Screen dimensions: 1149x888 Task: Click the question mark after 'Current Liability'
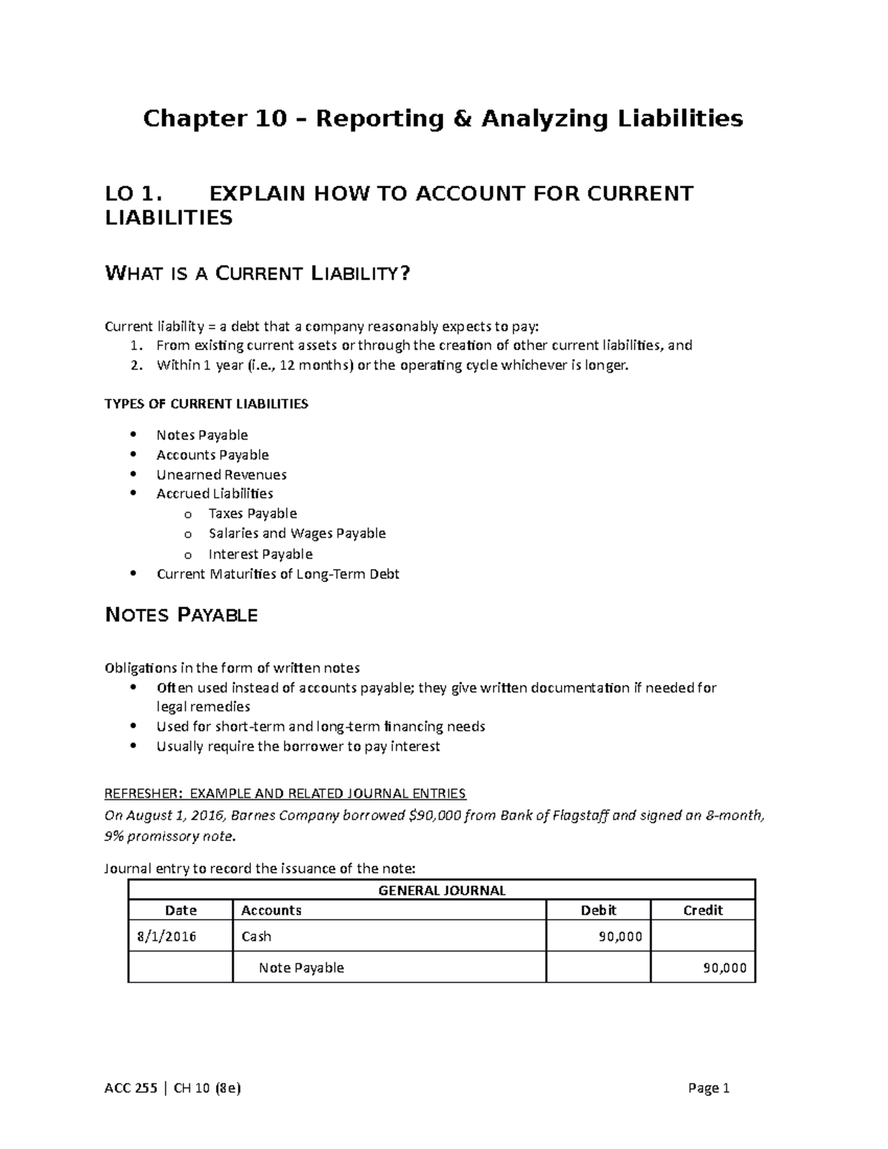click(x=403, y=274)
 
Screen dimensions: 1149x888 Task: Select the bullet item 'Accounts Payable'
click(x=212, y=455)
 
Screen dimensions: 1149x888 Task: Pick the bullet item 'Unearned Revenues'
click(x=221, y=475)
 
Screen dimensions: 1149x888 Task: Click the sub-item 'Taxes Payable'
click(x=252, y=513)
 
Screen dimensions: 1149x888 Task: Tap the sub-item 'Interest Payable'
click(x=260, y=554)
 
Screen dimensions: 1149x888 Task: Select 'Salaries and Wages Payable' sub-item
click(x=297, y=533)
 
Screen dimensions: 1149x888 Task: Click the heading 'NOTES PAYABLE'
click(x=182, y=615)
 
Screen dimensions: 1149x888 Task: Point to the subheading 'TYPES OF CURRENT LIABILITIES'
click(x=206, y=404)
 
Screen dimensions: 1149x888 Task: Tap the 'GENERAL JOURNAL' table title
click(x=442, y=891)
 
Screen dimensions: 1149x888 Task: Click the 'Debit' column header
click(x=598, y=910)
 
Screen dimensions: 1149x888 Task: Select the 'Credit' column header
click(x=702, y=910)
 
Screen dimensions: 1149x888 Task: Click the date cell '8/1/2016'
click(x=167, y=937)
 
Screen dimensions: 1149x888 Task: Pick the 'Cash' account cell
click(x=257, y=937)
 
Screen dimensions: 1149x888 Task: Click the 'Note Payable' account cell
click(x=301, y=968)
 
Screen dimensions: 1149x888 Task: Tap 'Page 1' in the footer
click(x=708, y=1088)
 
